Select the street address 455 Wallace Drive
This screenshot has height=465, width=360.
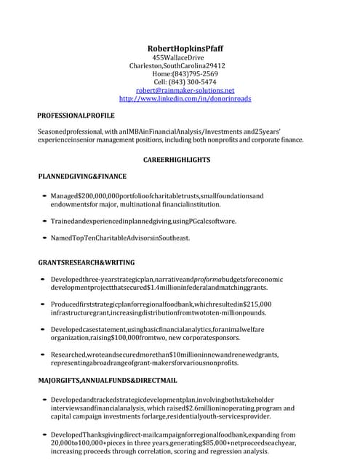(x=178, y=57)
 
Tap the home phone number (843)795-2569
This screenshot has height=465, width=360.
(x=195, y=74)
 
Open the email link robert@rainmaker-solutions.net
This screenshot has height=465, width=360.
(x=180, y=90)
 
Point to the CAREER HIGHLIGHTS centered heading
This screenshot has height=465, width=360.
(x=177, y=159)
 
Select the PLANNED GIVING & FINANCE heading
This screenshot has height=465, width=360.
(x=82, y=176)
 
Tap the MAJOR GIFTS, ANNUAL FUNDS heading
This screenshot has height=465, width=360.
(x=107, y=380)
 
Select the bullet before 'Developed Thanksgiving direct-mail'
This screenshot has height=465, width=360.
(x=45, y=434)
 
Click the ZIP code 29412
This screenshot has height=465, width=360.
(x=210, y=65)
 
